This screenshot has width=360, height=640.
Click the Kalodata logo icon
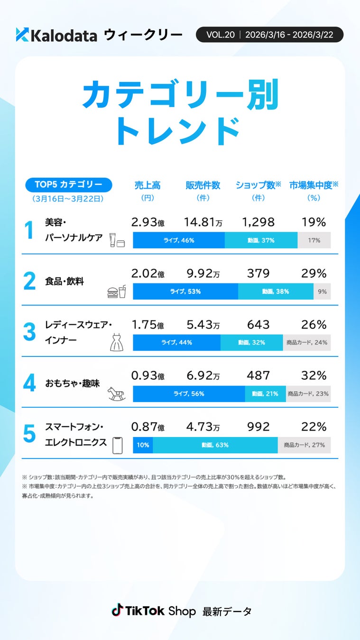click(x=22, y=35)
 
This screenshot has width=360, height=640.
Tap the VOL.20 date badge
click(x=269, y=35)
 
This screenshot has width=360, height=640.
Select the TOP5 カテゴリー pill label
click(x=68, y=184)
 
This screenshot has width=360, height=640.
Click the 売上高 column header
click(x=148, y=185)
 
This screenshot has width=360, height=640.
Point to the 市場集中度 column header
click(x=314, y=185)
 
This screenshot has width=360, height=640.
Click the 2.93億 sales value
click(x=148, y=222)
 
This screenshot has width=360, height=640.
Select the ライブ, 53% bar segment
click(x=185, y=292)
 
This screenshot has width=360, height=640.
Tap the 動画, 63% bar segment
click(x=215, y=445)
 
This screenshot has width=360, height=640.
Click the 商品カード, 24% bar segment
click(x=307, y=342)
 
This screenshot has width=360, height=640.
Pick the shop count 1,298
click(x=258, y=222)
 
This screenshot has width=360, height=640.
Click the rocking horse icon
click(x=117, y=393)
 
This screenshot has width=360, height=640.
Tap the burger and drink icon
click(x=117, y=292)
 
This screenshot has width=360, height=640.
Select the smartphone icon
click(x=117, y=445)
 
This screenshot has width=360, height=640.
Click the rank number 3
click(x=29, y=332)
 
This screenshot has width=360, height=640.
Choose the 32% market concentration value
click(x=314, y=376)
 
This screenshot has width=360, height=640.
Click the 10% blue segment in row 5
click(x=143, y=445)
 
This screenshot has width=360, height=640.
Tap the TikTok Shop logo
click(x=153, y=611)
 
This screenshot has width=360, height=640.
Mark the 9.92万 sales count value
click(x=203, y=274)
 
